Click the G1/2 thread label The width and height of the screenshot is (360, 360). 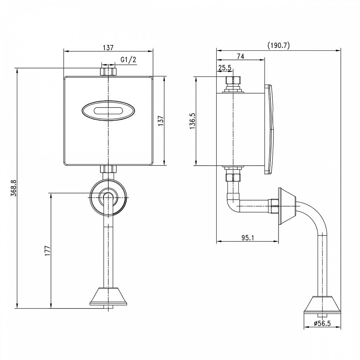click(129, 60)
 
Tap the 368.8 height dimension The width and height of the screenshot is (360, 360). click(14, 188)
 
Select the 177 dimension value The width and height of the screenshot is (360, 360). click(47, 251)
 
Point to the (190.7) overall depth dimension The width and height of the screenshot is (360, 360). click(279, 45)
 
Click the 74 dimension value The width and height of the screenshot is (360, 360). click(240, 56)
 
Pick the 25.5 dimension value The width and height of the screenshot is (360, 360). click(225, 68)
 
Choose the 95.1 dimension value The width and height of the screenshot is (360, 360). click(248, 238)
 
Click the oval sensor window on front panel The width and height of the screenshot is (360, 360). click(108, 111)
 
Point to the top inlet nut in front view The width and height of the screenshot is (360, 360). click(108, 71)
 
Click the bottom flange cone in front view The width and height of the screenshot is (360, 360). click(108, 296)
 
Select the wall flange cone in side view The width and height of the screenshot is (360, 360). click(287, 206)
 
